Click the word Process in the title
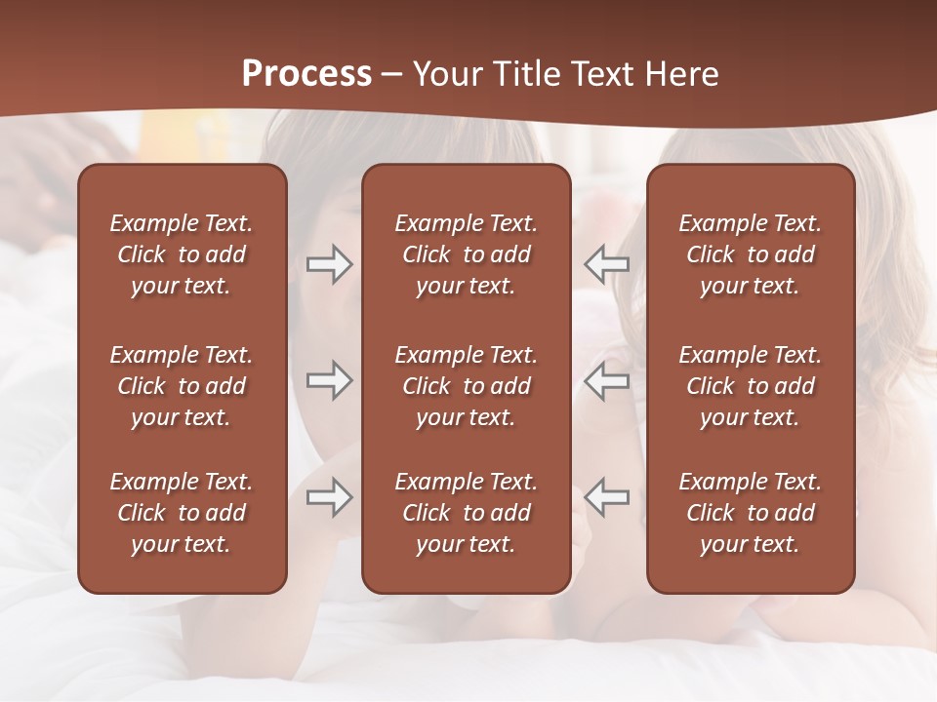[306, 74]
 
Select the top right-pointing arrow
[329, 264]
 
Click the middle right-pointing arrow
[329, 380]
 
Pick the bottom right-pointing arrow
[329, 497]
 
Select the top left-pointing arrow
[607, 264]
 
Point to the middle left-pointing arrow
[607, 380]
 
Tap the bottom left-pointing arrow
[607, 497]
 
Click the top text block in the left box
[182, 254]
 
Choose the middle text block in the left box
[182, 386]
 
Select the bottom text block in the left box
[182, 513]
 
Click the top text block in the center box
[466, 254]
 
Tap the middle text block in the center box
[466, 386]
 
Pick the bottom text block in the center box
[466, 513]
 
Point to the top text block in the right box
[750, 254]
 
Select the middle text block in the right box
[750, 386]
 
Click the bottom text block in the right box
[750, 513]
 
